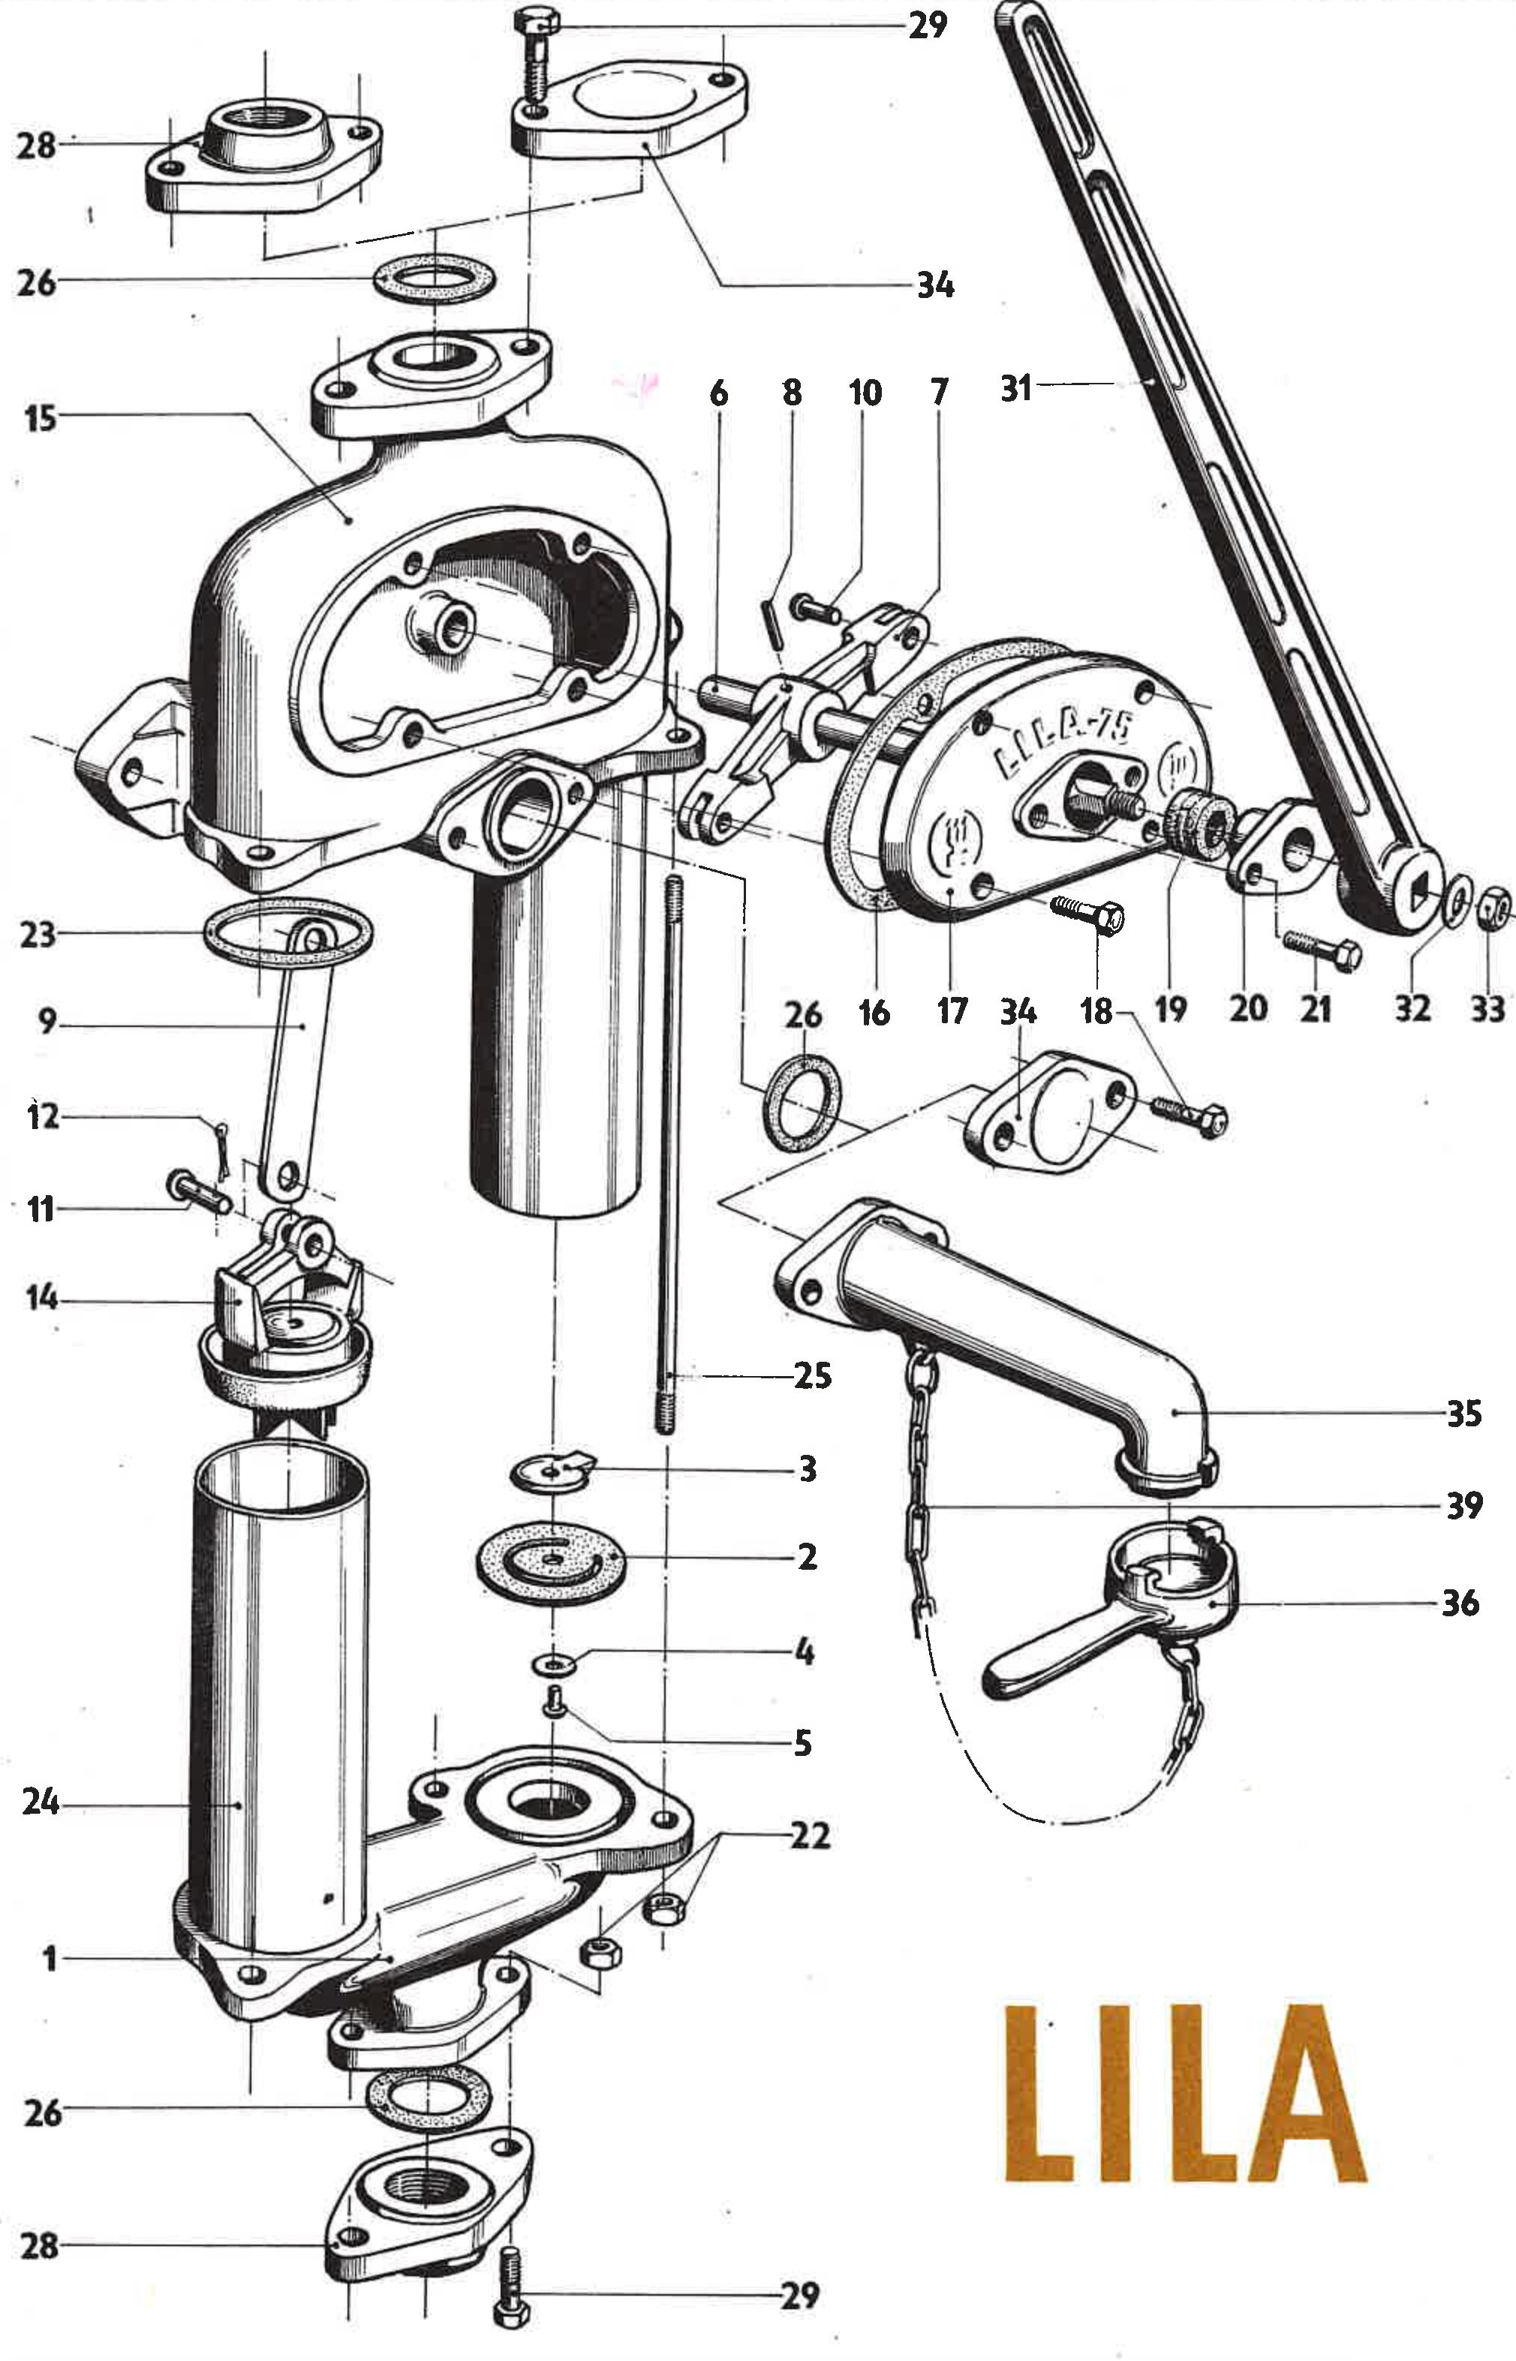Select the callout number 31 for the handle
[x=1016, y=387]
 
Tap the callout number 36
[x=1461, y=1602]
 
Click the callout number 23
[x=38, y=932]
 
